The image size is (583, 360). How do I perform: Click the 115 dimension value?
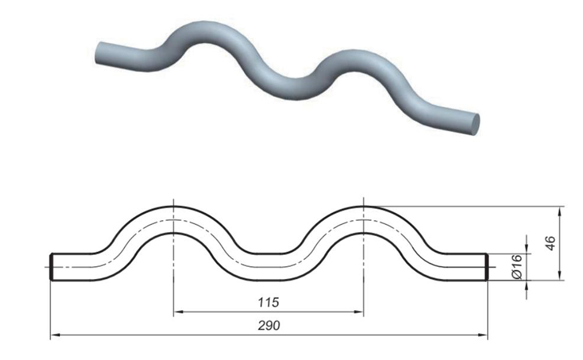click(x=268, y=302)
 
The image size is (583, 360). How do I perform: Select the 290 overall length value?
click(x=268, y=325)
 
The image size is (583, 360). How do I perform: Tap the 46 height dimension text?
click(x=551, y=243)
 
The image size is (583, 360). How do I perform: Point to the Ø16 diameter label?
click(x=517, y=266)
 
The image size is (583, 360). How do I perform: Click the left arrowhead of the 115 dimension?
click(x=178, y=312)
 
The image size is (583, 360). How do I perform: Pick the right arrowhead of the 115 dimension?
click(x=358, y=312)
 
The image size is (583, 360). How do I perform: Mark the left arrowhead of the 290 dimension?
click(x=55, y=335)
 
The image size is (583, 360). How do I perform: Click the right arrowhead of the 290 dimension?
click(x=482, y=335)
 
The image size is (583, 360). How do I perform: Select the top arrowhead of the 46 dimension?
click(x=560, y=211)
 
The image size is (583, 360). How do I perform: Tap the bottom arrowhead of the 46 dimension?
click(x=560, y=275)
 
